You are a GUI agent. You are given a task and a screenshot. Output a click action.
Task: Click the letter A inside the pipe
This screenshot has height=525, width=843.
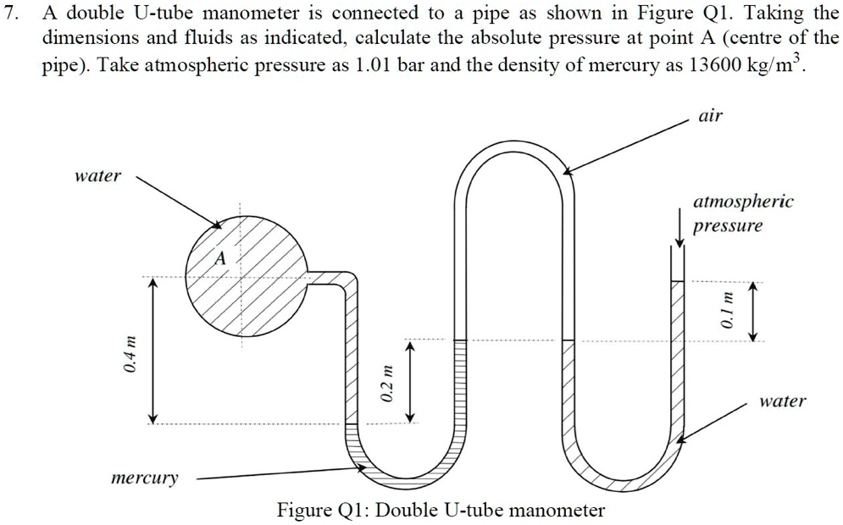(x=220, y=260)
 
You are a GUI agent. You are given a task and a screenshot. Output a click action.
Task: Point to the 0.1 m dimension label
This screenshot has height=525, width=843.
(x=724, y=312)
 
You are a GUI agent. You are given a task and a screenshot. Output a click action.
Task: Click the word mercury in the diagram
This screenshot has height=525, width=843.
(x=145, y=478)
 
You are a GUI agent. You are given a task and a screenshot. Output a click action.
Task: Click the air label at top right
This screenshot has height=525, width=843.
(x=710, y=115)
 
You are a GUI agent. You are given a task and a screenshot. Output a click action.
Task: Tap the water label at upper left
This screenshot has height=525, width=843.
(x=98, y=176)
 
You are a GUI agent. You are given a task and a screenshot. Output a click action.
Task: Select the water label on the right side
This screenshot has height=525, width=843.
(x=782, y=401)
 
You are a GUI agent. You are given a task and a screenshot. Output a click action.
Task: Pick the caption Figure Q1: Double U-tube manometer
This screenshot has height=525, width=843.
(x=441, y=510)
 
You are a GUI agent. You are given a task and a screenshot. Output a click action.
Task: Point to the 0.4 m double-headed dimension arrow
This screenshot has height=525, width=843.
(x=153, y=351)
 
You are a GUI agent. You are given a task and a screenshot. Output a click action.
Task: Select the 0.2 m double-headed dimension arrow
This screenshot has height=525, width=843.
(x=410, y=381)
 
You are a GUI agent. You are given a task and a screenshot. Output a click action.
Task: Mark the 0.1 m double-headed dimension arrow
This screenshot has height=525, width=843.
(x=750, y=312)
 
